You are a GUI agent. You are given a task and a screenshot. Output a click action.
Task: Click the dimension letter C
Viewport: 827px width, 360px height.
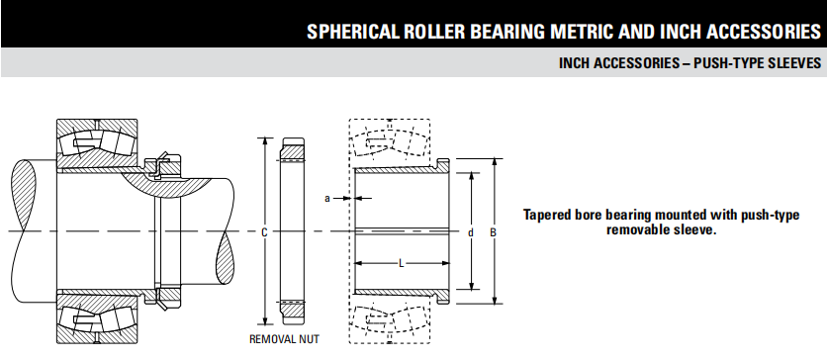tap(265, 231)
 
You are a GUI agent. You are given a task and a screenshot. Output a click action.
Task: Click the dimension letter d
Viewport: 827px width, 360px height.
tap(471, 231)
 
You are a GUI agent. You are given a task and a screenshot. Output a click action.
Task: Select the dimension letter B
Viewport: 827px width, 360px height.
tap(494, 231)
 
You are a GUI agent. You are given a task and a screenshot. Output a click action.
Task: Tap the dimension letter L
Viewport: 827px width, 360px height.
tap(402, 263)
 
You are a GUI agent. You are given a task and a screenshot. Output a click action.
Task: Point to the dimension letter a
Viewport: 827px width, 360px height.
tap(327, 198)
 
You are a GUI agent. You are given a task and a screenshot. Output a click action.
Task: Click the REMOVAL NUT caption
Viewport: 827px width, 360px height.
tap(284, 339)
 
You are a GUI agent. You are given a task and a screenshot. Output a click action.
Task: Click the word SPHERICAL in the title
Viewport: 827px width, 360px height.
tap(353, 32)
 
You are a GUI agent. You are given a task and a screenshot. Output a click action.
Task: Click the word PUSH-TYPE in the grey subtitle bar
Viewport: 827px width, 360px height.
tap(731, 63)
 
